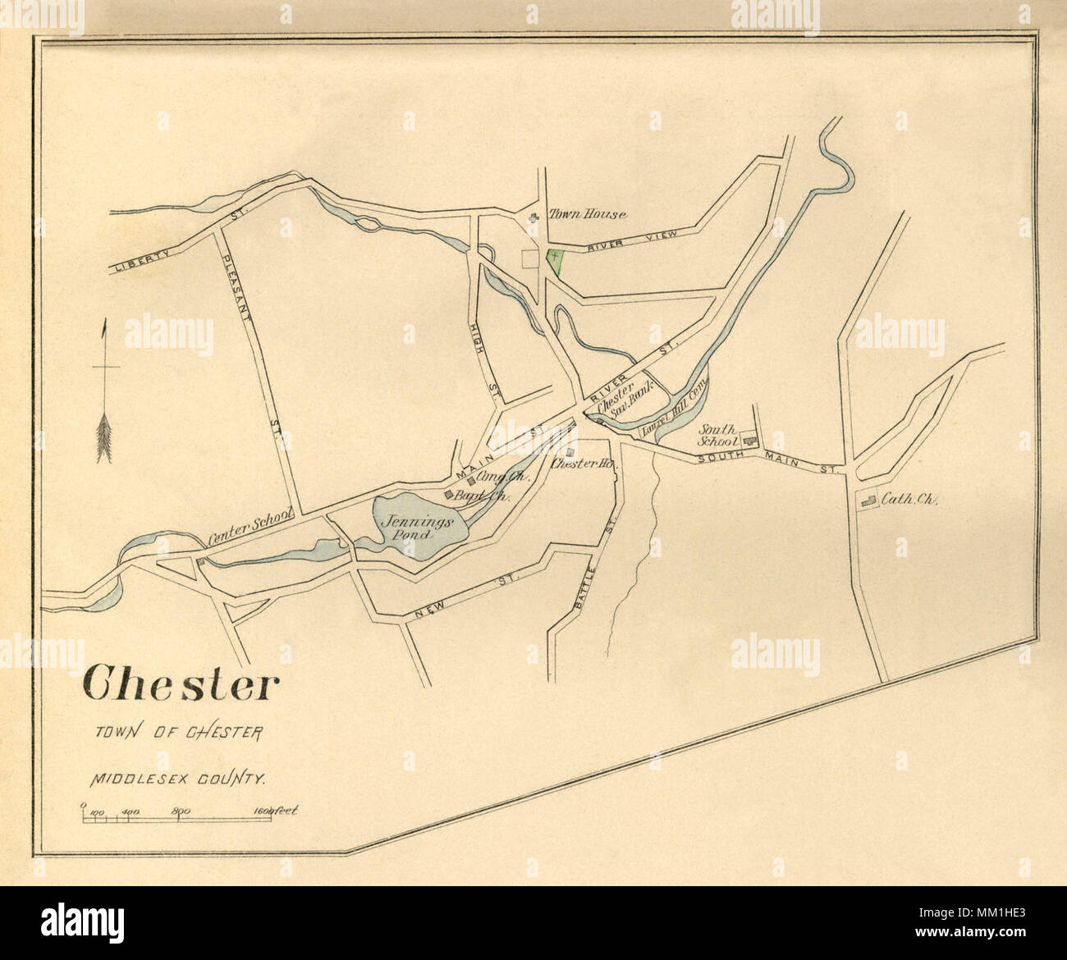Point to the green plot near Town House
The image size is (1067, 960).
556,261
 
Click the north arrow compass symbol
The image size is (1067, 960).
104,394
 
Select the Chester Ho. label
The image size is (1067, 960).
584,463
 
